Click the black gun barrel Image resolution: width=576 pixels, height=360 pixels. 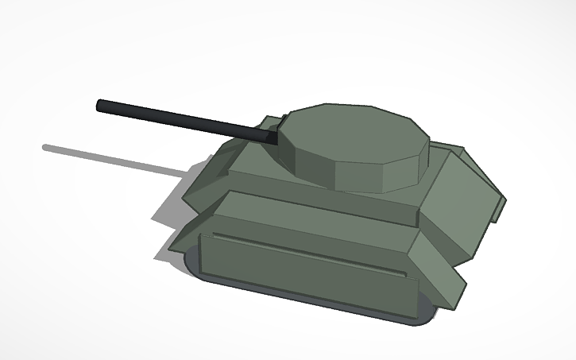(183, 120)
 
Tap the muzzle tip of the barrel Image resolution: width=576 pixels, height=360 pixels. (100, 105)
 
